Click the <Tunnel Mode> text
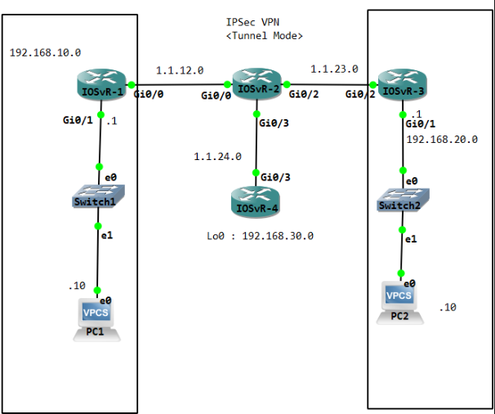pyautogui.click(x=264, y=37)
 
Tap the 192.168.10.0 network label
pyautogui.click(x=45, y=52)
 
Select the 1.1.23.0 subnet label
pyautogui.click(x=334, y=69)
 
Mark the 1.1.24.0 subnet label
pyautogui.click(x=217, y=155)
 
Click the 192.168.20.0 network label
pyautogui.click(x=442, y=139)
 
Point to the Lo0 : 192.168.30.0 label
pyautogui.click(x=260, y=235)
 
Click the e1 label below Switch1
pyautogui.click(x=105, y=235)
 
